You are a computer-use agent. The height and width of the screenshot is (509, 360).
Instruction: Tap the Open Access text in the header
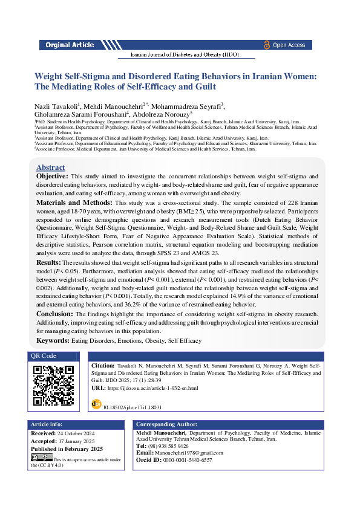(x=289, y=45)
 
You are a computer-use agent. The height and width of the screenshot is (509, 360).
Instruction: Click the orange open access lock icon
(x=266, y=45)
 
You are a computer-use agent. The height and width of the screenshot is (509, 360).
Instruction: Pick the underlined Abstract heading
(x=51, y=167)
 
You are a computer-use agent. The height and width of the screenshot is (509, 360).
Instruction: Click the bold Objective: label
(x=53, y=176)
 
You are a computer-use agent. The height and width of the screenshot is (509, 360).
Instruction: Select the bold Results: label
(x=48, y=263)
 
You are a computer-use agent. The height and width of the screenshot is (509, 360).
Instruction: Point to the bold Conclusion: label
(x=54, y=314)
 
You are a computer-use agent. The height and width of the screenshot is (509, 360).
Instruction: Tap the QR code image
(x=54, y=386)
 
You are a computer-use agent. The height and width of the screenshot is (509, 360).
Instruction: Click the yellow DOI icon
(x=96, y=403)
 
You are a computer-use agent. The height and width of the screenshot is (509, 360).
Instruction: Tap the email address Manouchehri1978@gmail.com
(x=189, y=453)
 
